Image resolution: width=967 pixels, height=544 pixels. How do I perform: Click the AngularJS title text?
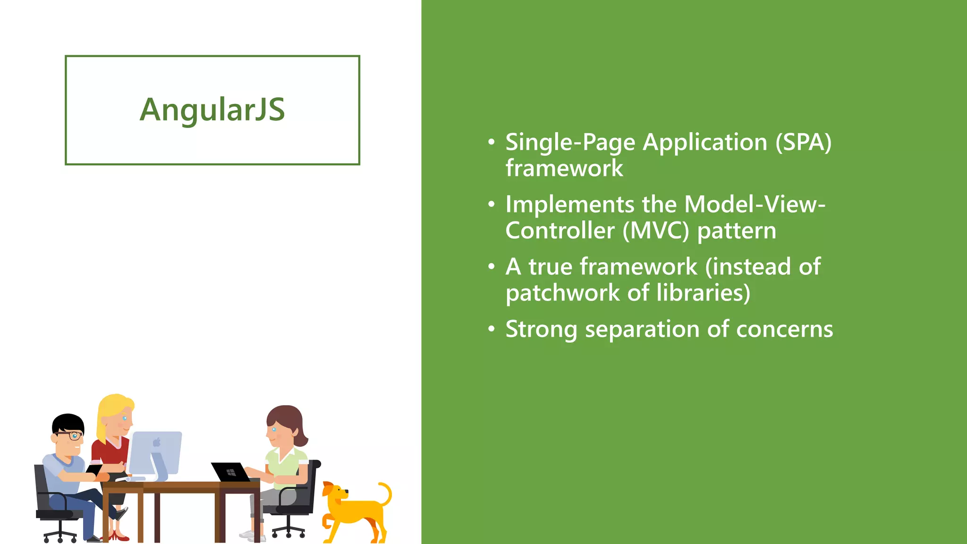(x=212, y=110)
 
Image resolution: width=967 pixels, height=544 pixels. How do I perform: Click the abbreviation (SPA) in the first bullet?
(x=803, y=142)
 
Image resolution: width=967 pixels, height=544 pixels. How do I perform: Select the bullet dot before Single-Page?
(x=492, y=142)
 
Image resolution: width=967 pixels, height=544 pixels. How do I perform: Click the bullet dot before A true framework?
(x=492, y=267)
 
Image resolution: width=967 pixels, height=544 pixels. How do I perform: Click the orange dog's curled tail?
(x=386, y=493)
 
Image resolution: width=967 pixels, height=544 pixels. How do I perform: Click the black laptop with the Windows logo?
(x=230, y=472)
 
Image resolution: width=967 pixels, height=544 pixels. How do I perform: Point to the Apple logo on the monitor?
(x=157, y=442)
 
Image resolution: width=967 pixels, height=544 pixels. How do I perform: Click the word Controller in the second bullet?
(x=560, y=231)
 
